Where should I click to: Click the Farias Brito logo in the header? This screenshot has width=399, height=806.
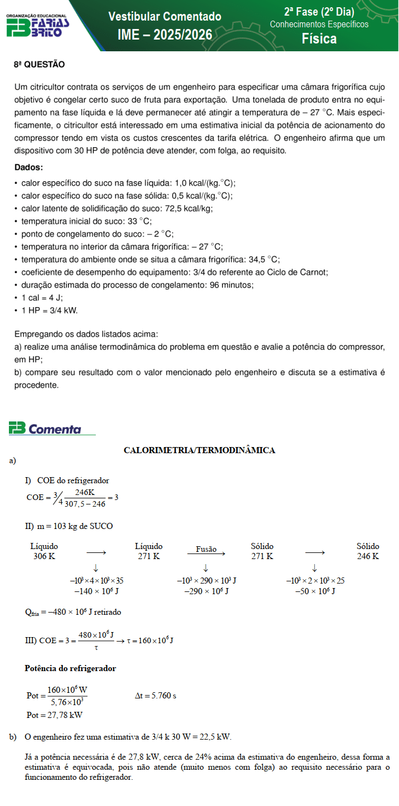[37, 26]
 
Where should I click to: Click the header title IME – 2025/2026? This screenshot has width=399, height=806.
[164, 35]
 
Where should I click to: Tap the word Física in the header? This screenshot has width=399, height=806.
[319, 38]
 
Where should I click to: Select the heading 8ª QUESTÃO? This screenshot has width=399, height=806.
[39, 65]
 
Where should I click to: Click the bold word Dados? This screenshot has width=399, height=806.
[28, 167]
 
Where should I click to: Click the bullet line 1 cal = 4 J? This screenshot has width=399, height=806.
[42, 298]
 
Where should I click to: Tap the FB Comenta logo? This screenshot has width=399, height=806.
[46, 429]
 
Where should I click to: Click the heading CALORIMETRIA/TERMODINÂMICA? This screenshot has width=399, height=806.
[199, 450]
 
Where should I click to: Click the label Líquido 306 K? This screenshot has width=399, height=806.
[44, 551]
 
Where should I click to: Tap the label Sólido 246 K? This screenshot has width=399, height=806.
[368, 551]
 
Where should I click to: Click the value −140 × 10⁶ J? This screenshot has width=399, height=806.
[96, 591]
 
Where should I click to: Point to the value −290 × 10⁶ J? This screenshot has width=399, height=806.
[206, 591]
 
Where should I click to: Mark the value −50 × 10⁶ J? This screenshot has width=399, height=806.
[315, 591]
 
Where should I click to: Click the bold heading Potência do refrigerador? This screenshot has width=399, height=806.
[70, 668]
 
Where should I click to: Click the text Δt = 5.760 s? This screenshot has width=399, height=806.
[155, 696]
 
